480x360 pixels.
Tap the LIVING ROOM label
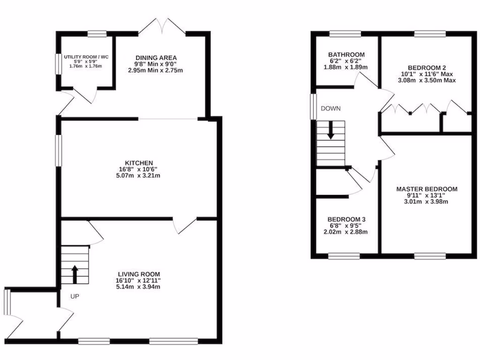pyautogui.click(x=139, y=274)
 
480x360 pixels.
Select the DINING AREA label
pyautogui.click(x=157, y=58)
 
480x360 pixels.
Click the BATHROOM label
pyautogui.click(x=346, y=54)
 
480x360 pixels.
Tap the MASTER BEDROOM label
pyautogui.click(x=427, y=189)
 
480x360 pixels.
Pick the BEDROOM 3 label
pyautogui.click(x=346, y=219)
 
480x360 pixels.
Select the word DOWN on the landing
pyautogui.click(x=330, y=108)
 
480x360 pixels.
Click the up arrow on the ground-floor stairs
pyautogui.click(x=74, y=275)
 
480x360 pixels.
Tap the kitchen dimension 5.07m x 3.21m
pyautogui.click(x=139, y=176)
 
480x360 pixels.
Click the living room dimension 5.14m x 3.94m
pyautogui.click(x=139, y=287)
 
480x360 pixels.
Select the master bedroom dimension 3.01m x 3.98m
pyautogui.click(x=427, y=202)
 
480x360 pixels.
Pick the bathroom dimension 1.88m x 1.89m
pyautogui.click(x=346, y=67)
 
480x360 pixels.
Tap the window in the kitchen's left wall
pyautogui.click(x=59, y=150)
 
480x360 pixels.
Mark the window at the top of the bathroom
pyautogui.click(x=345, y=33)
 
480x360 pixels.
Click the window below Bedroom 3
pyautogui.click(x=344, y=256)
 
